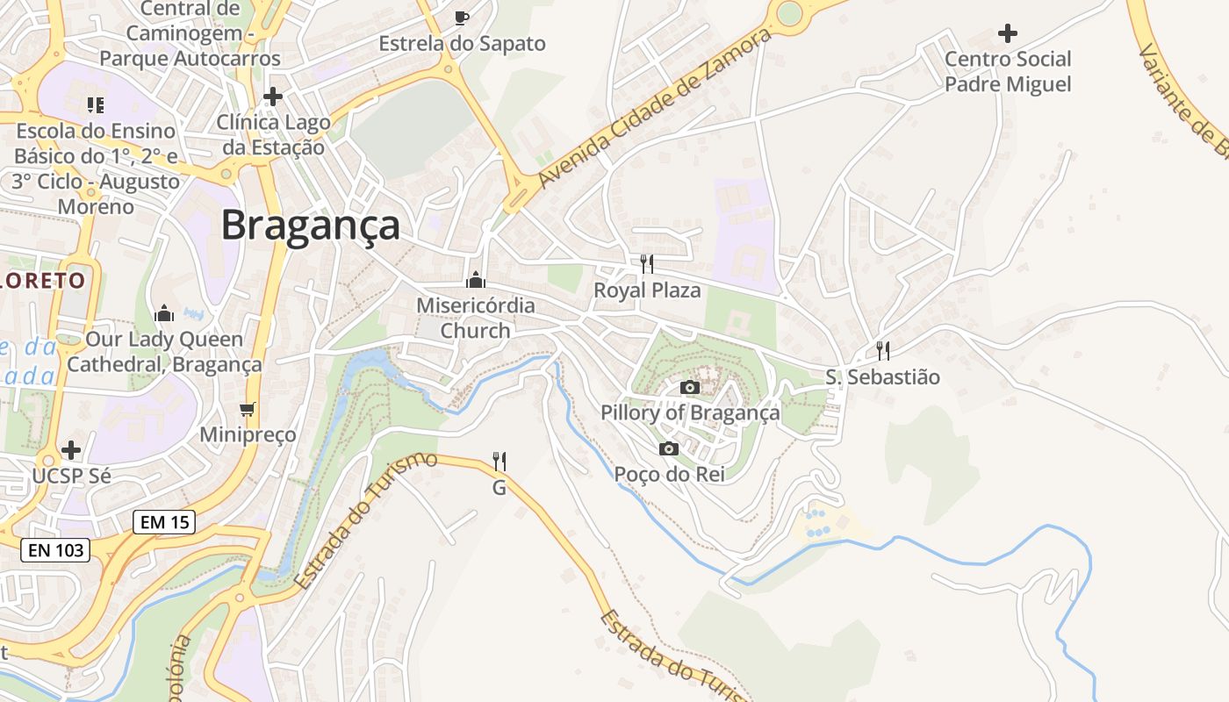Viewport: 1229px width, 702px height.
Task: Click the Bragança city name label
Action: pyautogui.click(x=310, y=226)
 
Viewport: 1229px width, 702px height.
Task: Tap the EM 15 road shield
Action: pyautogui.click(x=164, y=522)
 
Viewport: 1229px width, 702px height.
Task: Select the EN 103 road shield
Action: pyautogui.click(x=55, y=550)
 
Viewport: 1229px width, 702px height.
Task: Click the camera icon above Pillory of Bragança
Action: pyautogui.click(x=690, y=387)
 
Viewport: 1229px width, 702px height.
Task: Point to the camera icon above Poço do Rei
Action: pyautogui.click(x=669, y=449)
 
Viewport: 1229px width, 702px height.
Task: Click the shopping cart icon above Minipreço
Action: pyautogui.click(x=248, y=409)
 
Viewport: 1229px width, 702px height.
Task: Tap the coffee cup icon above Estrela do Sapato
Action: pyautogui.click(x=462, y=18)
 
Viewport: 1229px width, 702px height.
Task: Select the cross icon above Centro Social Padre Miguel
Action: pyautogui.click(x=1008, y=33)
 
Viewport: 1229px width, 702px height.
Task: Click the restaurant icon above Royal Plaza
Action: pyautogui.click(x=647, y=263)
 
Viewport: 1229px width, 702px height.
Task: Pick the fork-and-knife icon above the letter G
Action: pyautogui.click(x=500, y=461)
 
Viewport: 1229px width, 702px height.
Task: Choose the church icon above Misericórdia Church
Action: pyautogui.click(x=476, y=280)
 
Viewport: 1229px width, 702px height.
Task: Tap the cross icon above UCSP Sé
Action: pyautogui.click(x=71, y=451)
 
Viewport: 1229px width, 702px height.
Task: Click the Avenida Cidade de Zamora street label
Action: pyautogui.click(x=655, y=109)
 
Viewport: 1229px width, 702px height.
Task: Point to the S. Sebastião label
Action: pyautogui.click(x=882, y=377)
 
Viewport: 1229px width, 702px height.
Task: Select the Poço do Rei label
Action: pyautogui.click(x=669, y=474)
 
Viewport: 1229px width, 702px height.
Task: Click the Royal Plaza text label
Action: pyautogui.click(x=647, y=290)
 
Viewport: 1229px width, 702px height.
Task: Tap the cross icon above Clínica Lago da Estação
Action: pyautogui.click(x=273, y=96)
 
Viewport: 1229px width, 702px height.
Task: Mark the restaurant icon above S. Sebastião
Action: pyautogui.click(x=883, y=351)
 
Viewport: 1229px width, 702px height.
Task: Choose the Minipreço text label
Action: pyautogui.click(x=248, y=434)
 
